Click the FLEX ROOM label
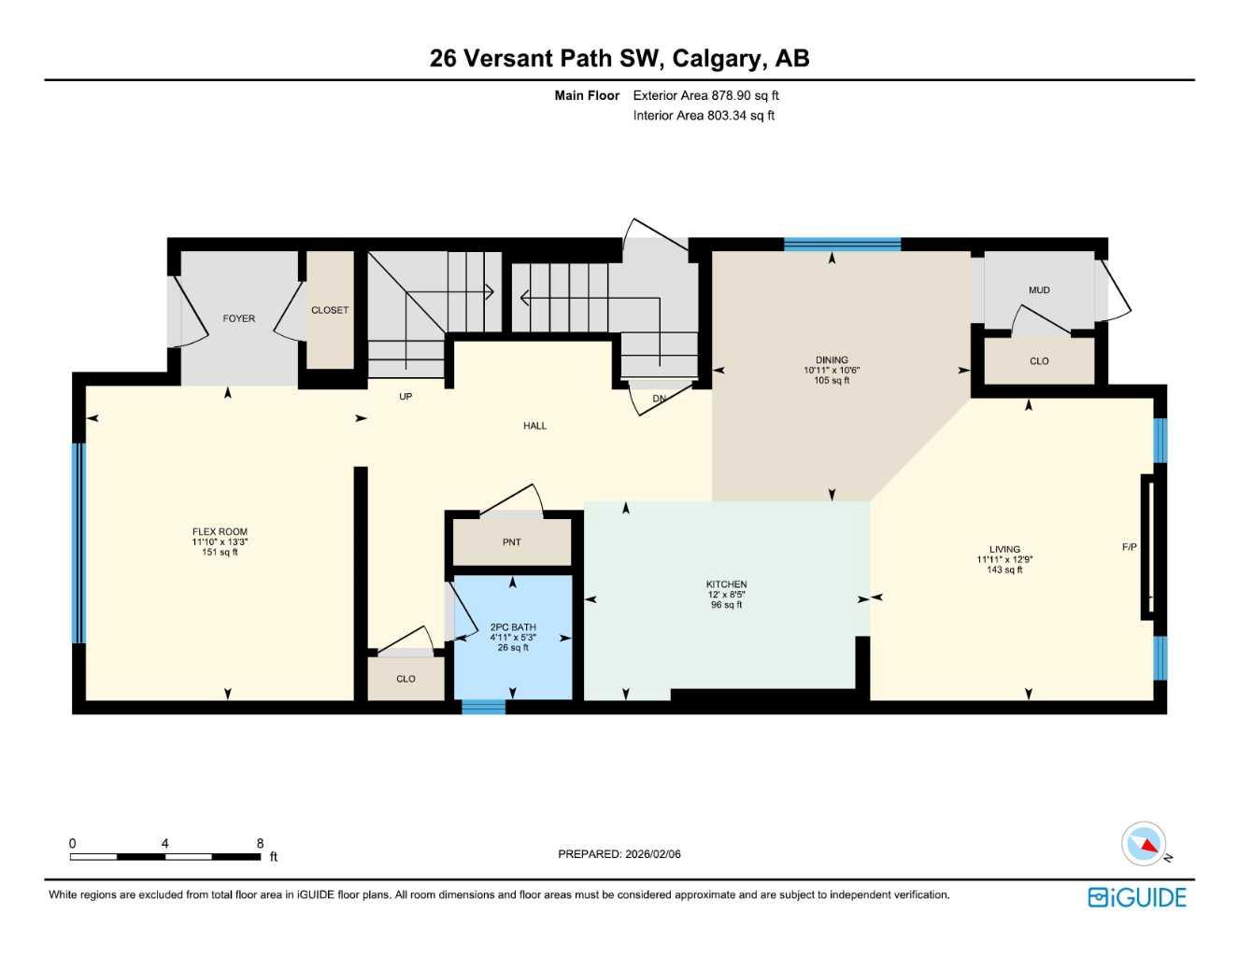[x=220, y=532]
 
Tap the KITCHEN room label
[x=726, y=584]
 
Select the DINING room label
[x=831, y=360]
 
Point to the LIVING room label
[x=1004, y=550]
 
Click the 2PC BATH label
[x=513, y=627]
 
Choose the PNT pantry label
[x=511, y=542]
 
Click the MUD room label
[x=1039, y=290]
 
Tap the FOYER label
[x=238, y=319]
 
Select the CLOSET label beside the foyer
[x=330, y=311]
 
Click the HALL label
[x=534, y=426]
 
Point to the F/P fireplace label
[x=1129, y=547]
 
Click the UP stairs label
[x=406, y=397]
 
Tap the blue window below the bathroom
[x=483, y=708]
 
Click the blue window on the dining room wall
[x=842, y=245]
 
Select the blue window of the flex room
[x=79, y=542]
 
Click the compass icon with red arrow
[x=1145, y=845]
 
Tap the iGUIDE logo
[x=1137, y=897]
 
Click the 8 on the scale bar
[x=260, y=843]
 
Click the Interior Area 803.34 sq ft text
[x=704, y=116]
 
